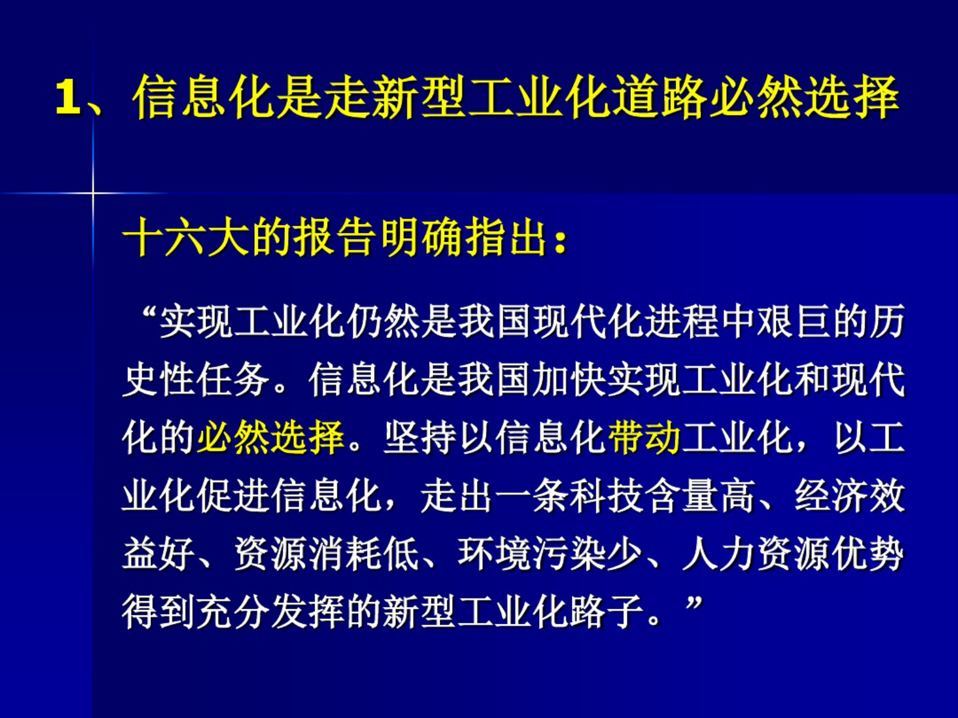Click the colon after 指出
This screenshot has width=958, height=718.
tap(561, 240)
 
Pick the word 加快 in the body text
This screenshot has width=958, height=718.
tap(569, 380)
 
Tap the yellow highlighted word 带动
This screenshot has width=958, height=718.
tap(644, 437)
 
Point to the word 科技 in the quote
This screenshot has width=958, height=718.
tap(606, 496)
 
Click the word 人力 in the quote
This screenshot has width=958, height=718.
tap(719, 554)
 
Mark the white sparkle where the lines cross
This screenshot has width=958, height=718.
tap(93, 193)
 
